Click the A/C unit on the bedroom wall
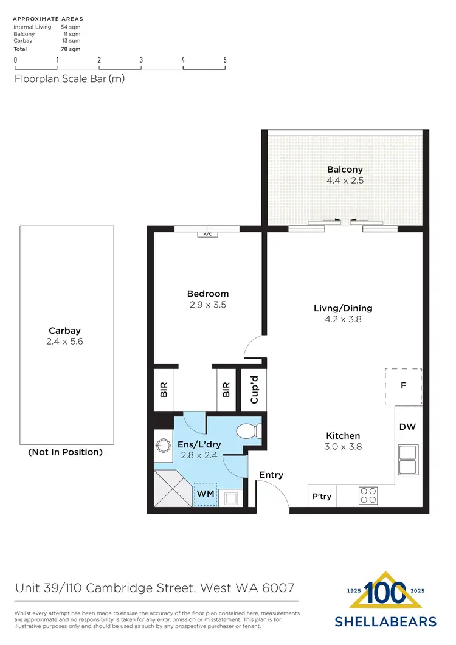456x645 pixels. click(x=207, y=234)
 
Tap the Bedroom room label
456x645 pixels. click(x=208, y=294)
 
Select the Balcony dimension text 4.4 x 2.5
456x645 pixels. click(x=345, y=181)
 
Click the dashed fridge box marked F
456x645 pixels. click(x=403, y=386)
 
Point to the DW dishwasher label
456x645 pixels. click(x=407, y=427)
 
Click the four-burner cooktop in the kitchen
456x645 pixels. click(x=368, y=495)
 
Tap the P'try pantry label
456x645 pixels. click(x=322, y=497)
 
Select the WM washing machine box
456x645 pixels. click(x=206, y=494)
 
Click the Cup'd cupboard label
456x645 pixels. click(x=255, y=390)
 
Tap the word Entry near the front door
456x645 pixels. click(x=271, y=475)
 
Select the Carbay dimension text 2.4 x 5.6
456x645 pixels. click(x=65, y=342)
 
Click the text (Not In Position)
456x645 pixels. click(x=66, y=452)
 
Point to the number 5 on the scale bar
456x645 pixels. click(x=225, y=60)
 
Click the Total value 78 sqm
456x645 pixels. click(x=71, y=49)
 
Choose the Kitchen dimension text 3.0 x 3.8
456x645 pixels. click(x=343, y=446)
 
